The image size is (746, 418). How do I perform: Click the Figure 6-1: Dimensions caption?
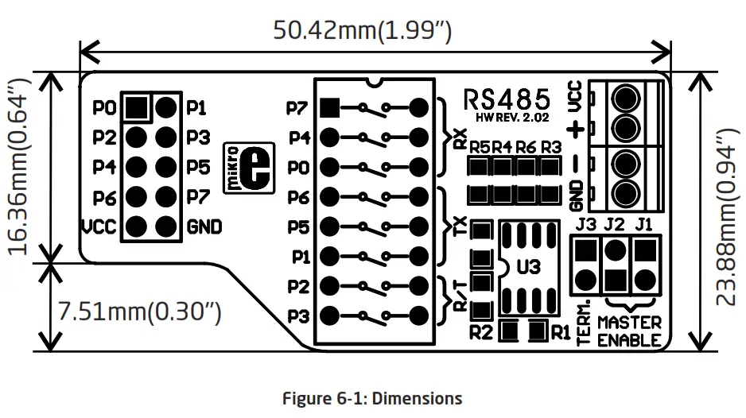pyautogui.click(x=372, y=398)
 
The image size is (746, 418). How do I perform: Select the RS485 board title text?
pyautogui.click(x=507, y=99)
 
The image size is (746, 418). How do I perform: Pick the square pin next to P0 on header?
pyautogui.click(x=138, y=106)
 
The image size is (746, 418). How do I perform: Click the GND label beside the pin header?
pyautogui.click(x=204, y=227)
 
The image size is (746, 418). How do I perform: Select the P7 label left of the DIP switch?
pyautogui.click(x=297, y=107)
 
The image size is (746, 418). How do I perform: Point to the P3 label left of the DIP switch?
pyautogui.click(x=297, y=315)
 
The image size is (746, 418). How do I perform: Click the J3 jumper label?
pyautogui.click(x=585, y=225)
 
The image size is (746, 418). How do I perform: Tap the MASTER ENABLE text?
pyautogui.click(x=628, y=331)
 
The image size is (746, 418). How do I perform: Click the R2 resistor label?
pyautogui.click(x=480, y=331)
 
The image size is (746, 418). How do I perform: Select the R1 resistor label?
pyautogui.click(x=561, y=331)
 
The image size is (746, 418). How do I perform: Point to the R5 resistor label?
pyautogui.click(x=479, y=147)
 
